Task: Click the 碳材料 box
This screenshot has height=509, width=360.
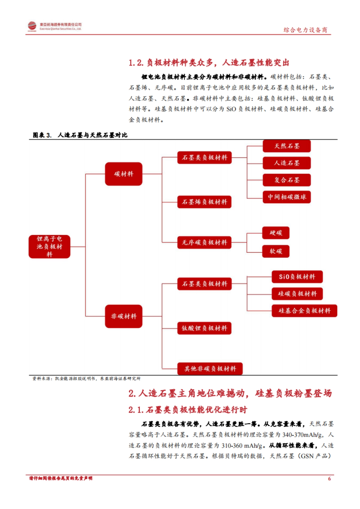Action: point(123,174)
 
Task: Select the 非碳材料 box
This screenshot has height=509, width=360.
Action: point(123,316)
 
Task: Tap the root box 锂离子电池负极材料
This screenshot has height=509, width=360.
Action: point(49,246)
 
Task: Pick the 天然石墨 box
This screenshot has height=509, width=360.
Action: point(286,146)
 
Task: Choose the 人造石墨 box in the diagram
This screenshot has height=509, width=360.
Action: point(286,163)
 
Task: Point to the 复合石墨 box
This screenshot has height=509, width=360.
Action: point(286,180)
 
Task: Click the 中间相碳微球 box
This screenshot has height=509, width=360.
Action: point(286,197)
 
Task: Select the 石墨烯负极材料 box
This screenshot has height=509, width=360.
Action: point(204,202)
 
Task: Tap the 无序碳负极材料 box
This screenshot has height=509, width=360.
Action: point(204,242)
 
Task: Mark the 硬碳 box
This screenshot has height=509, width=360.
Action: point(276,233)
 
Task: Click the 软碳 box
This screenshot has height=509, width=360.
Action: point(276,251)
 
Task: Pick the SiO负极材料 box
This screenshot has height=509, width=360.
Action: point(297,277)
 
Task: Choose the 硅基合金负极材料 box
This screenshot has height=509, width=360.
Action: point(304,311)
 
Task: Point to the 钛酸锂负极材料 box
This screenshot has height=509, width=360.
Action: point(204,328)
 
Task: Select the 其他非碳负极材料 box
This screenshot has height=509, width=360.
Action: point(210,369)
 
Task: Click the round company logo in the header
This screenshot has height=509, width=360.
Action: point(32,26)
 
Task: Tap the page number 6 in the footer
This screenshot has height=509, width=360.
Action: point(329,478)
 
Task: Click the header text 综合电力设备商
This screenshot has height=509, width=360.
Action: point(305,30)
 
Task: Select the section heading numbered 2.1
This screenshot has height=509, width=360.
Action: point(188,409)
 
